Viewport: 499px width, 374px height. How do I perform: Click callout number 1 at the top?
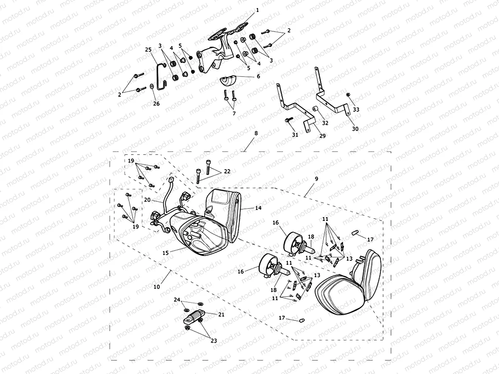pyautogui.click(x=257, y=11)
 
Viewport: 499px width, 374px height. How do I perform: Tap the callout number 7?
pyautogui.click(x=234, y=113)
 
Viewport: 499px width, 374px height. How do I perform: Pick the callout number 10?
pyautogui.click(x=157, y=287)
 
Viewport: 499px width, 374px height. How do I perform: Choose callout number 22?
pyautogui.click(x=227, y=172)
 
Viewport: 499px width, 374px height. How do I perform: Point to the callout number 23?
pyautogui.click(x=214, y=340)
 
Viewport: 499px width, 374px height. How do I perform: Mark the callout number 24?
pyautogui.click(x=177, y=300)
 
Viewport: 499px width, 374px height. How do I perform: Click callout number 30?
pyautogui.click(x=355, y=129)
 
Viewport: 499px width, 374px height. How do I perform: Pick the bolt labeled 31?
pyautogui.click(x=287, y=120)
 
